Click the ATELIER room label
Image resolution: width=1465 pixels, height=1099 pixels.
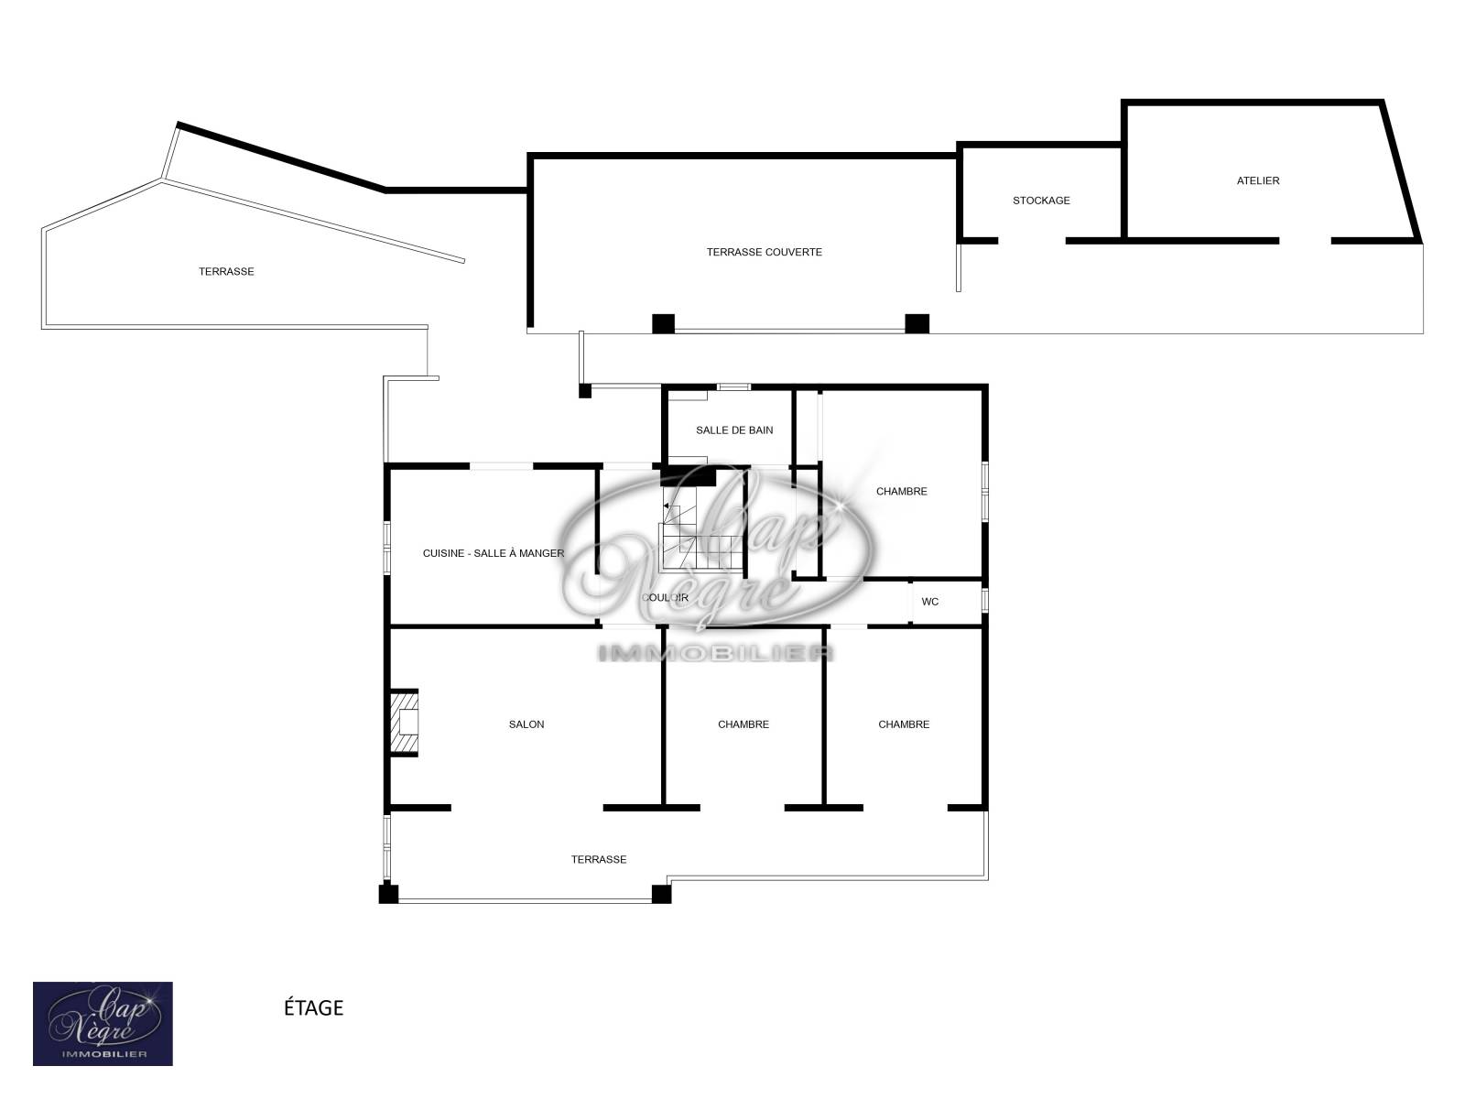(x=1257, y=180)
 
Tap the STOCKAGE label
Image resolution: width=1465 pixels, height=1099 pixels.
(x=1040, y=201)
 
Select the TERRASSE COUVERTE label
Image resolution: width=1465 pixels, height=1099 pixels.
(x=764, y=252)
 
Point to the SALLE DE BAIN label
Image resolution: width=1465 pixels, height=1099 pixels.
(x=734, y=430)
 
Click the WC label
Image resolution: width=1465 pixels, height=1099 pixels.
(x=929, y=601)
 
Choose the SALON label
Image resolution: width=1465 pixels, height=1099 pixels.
(x=526, y=724)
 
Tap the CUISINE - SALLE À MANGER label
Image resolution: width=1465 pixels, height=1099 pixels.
(x=494, y=552)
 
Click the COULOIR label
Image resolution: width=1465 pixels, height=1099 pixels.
(x=665, y=597)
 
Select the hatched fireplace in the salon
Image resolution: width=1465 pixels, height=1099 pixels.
(x=404, y=723)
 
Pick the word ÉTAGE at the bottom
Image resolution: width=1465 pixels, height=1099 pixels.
(x=313, y=1007)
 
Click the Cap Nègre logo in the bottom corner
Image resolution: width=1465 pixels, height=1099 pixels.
(x=103, y=1024)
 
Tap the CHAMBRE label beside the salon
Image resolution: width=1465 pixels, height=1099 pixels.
(x=743, y=724)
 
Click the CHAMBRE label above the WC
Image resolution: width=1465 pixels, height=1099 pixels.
(x=901, y=491)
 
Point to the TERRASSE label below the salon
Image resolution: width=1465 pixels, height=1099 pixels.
(x=598, y=859)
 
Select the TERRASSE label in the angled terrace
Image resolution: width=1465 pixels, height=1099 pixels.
(x=226, y=271)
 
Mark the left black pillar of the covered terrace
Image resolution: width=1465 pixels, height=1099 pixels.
(x=663, y=323)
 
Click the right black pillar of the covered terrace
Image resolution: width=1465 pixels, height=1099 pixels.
(x=917, y=323)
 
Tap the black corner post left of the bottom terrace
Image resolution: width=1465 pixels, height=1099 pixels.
(x=388, y=894)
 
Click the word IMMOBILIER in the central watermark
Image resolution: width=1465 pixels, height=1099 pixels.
(x=715, y=653)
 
